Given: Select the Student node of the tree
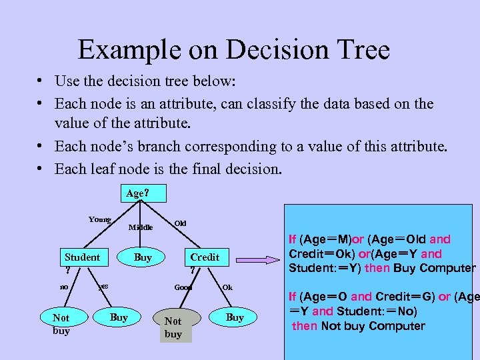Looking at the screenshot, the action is tap(81, 257).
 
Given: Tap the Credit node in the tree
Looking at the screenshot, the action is tap(204, 257).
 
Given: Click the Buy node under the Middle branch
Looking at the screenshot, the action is tap(143, 257).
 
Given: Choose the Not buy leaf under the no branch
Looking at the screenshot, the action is tap(61, 323).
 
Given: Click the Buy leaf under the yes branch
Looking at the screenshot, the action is tap(119, 317).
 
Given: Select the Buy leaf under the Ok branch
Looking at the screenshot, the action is tap(235, 317).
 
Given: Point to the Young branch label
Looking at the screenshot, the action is tap(100, 219).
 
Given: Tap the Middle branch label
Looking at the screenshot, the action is tap(140, 227).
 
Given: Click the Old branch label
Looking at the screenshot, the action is tap(180, 221).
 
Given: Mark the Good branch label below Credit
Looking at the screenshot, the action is tap(183, 287).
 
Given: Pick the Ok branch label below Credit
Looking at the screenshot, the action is tap(227, 287).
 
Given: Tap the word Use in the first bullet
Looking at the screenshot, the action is tap(67, 81).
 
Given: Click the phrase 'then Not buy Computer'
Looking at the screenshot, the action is tap(359, 326).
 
